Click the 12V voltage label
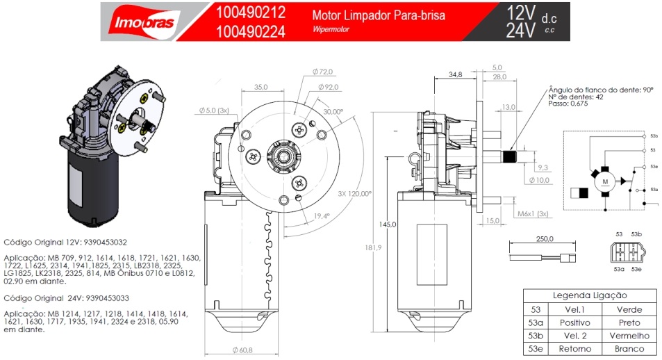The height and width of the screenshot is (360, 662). point(520,12)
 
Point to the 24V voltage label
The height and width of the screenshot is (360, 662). point(520,31)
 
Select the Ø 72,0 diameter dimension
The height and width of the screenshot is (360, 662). point(323,72)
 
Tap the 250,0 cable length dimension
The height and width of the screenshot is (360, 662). point(545,239)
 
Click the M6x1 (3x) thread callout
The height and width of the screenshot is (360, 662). point(533,213)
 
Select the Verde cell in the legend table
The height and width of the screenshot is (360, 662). point(629,309)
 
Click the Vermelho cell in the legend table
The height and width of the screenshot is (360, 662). point(629,336)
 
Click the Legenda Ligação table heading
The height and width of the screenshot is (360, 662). point(589,295)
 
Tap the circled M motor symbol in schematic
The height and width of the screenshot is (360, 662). point(604,183)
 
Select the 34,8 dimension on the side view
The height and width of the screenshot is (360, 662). point(456,74)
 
